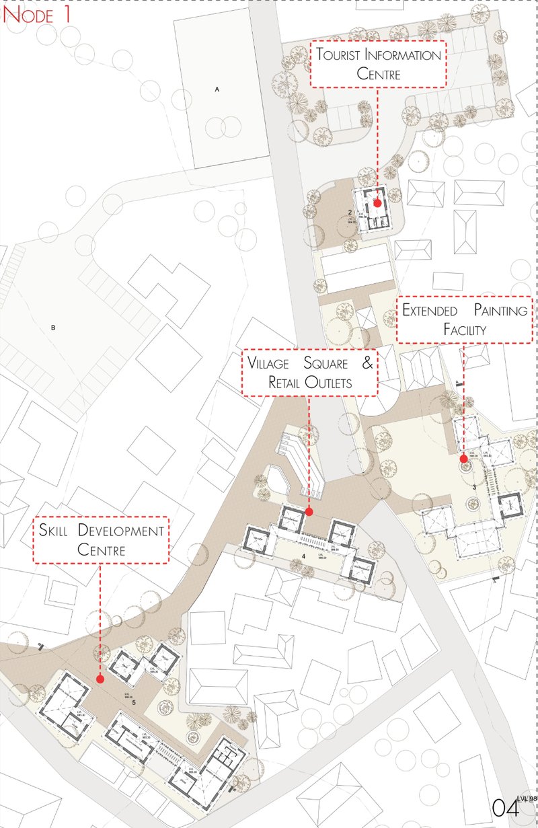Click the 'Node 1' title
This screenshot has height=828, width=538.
38,15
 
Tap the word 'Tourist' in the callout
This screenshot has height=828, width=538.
343,56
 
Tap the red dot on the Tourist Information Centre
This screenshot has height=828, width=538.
378,202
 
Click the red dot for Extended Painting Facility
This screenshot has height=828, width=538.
463,459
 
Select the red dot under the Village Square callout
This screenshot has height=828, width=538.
309,512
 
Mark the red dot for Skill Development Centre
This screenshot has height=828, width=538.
100,679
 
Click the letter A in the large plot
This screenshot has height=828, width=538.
217,89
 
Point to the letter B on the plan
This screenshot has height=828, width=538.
52,329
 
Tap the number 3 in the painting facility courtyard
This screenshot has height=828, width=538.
474,486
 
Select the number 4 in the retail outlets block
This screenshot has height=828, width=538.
304,556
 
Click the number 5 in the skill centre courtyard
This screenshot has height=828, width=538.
134,703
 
